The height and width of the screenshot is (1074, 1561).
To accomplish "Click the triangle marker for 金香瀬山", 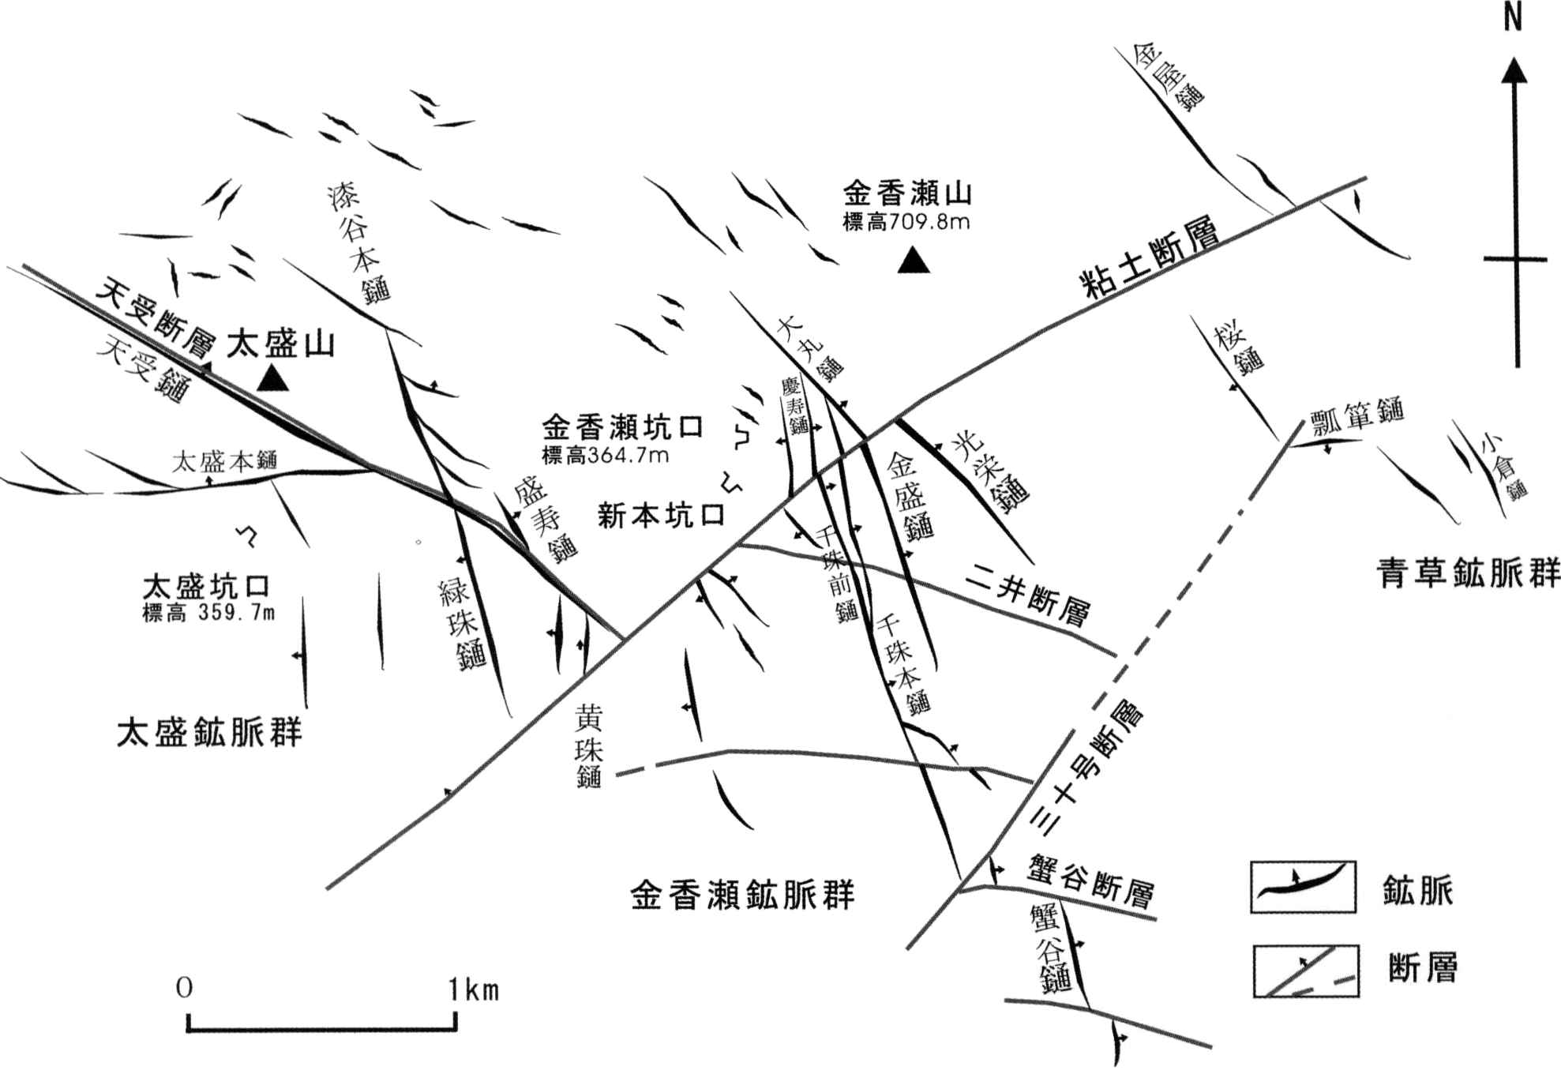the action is (914, 261).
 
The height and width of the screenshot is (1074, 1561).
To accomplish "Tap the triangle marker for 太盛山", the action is (274, 379).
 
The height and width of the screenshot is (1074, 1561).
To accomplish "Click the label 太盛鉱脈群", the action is (209, 732).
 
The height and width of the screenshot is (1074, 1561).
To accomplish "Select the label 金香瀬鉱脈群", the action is (743, 896).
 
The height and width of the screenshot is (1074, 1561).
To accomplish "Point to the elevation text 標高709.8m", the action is (906, 223).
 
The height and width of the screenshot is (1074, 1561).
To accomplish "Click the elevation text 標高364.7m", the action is (606, 456).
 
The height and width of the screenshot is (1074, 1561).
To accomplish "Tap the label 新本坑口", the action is (661, 516).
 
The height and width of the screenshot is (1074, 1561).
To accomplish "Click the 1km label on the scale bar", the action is (474, 990).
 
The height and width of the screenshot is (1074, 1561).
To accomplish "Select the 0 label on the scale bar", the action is (184, 988).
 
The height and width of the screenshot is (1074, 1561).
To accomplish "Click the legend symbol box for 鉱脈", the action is (1303, 887).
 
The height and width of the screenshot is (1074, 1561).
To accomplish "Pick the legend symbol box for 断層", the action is (1306, 971).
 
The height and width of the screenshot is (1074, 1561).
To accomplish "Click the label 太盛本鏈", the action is (225, 460).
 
